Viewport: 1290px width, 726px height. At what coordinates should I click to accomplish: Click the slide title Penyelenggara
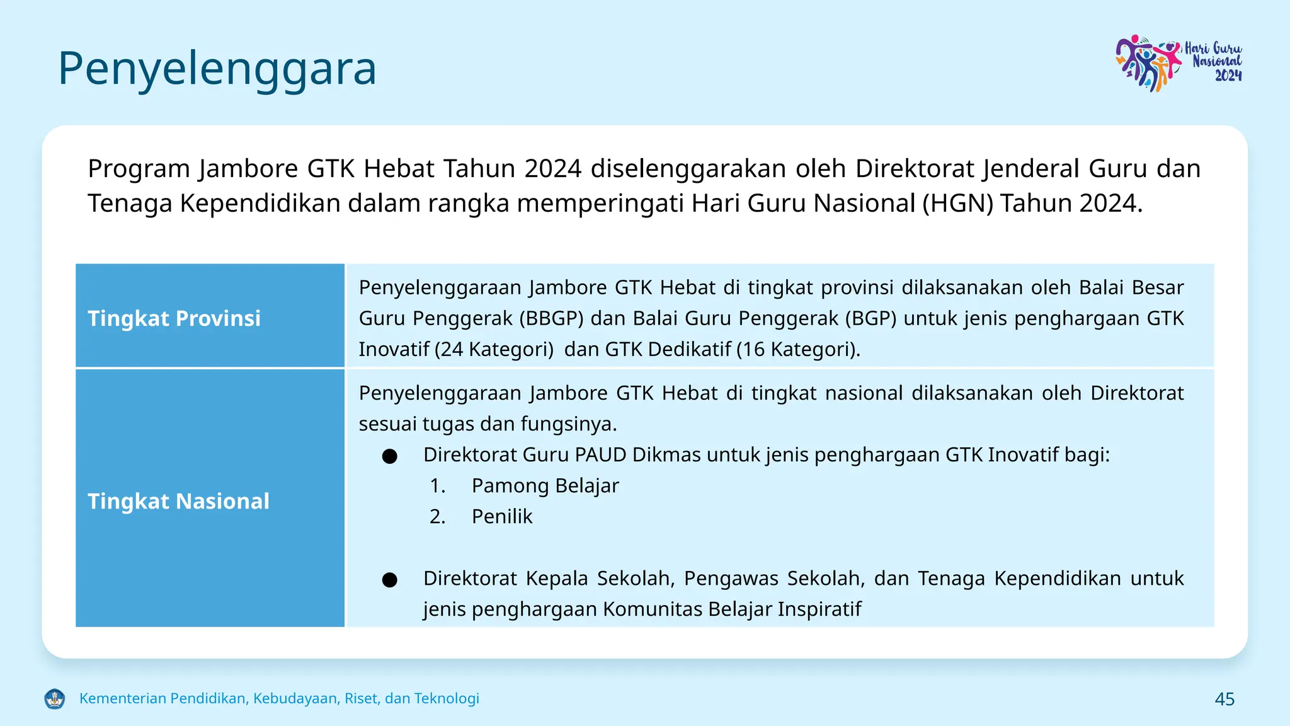pyautogui.click(x=217, y=68)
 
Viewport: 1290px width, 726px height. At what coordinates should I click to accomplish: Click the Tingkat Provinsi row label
pyautogui.click(x=174, y=318)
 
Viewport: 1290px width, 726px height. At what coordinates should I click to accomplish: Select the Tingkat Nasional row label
pyautogui.click(x=178, y=501)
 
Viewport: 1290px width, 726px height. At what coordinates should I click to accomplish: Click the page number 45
pyautogui.click(x=1224, y=699)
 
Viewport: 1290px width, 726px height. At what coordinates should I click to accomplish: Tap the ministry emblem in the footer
pyautogui.click(x=55, y=698)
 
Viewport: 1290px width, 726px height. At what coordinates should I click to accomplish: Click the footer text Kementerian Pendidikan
pyautogui.click(x=279, y=698)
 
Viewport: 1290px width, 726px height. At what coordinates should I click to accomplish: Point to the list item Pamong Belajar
pyautogui.click(x=545, y=485)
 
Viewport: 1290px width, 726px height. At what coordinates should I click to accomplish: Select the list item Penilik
pyautogui.click(x=501, y=516)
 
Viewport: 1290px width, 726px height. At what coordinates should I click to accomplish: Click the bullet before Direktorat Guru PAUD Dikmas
pyautogui.click(x=389, y=456)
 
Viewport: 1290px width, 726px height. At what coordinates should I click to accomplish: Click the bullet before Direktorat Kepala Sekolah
pyautogui.click(x=389, y=579)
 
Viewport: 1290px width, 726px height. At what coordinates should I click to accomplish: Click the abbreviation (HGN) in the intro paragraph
pyautogui.click(x=957, y=204)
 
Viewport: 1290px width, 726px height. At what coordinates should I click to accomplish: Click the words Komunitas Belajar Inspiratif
pyautogui.click(x=731, y=609)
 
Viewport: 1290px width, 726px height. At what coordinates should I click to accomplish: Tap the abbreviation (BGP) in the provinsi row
pyautogui.click(x=870, y=318)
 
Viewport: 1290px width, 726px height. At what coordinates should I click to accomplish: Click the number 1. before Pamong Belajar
pyautogui.click(x=437, y=485)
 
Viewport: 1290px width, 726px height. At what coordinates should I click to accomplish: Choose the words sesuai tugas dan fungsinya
pyautogui.click(x=488, y=423)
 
